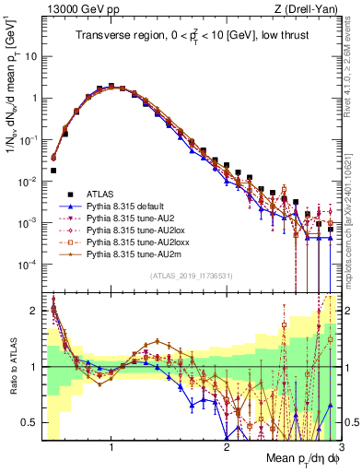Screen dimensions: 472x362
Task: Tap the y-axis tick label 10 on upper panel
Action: (29, 55)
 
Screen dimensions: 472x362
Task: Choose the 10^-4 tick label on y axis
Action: (28, 265)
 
